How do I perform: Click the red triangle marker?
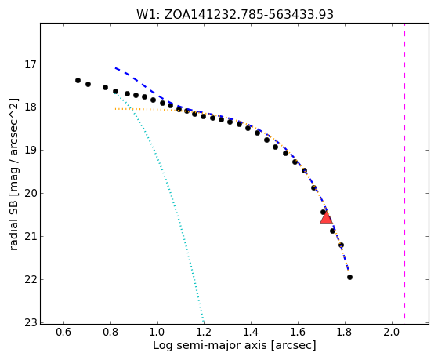tap(326, 218)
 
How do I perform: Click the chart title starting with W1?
tap(235, 14)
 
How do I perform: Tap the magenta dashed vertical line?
tap(404, 173)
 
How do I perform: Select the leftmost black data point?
tap(78, 80)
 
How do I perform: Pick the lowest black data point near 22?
tap(349, 277)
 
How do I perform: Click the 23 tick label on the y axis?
tap(31, 323)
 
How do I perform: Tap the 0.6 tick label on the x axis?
tap(63, 332)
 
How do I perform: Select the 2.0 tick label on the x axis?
tap(392, 332)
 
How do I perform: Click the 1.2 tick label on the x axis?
tap(205, 332)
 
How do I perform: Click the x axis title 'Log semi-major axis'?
tap(209, 346)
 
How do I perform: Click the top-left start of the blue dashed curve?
tap(115, 67)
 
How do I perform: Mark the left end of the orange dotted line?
tap(115, 109)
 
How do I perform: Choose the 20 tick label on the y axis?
tap(31, 193)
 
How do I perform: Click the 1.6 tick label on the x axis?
tap(298, 332)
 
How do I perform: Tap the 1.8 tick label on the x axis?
tap(345, 332)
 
